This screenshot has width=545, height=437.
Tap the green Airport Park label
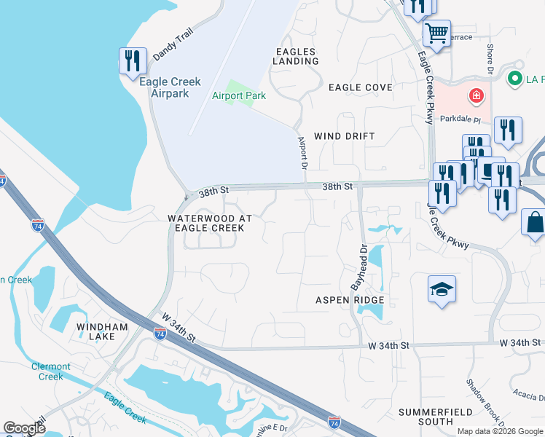point(239,95)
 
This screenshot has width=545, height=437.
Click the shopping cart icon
point(436,33)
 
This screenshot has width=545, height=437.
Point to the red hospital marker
point(477,95)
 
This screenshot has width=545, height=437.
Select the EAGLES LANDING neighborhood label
point(297,56)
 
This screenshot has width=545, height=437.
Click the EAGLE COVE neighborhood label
point(360,87)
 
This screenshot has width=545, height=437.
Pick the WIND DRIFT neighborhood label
point(344,136)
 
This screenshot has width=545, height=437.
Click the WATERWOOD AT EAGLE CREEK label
point(210,223)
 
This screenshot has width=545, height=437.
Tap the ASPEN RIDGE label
point(349,300)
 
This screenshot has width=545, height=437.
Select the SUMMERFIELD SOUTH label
point(426,417)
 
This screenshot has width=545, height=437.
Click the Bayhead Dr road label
point(358,267)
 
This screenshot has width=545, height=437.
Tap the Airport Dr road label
point(302,153)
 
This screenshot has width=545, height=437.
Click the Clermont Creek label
point(51,371)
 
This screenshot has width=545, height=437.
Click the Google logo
point(25,428)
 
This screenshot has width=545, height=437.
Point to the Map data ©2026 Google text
point(500,431)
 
